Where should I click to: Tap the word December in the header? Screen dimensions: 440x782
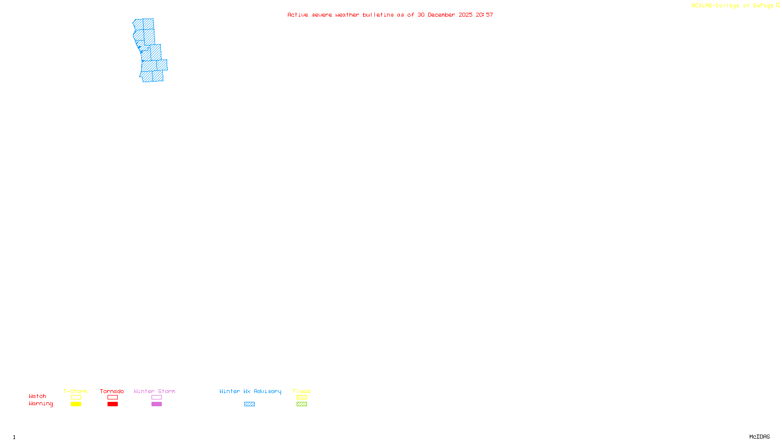click(x=441, y=15)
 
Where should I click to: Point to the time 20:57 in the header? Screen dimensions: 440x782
click(x=484, y=15)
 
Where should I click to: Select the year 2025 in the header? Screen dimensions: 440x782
click(x=465, y=15)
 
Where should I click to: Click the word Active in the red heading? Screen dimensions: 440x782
click(x=298, y=15)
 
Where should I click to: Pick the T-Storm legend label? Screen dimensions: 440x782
click(x=75, y=391)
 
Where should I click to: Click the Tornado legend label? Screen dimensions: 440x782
click(x=112, y=391)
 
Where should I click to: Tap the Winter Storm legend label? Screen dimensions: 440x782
click(x=154, y=391)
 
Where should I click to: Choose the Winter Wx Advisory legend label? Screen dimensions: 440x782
click(x=250, y=391)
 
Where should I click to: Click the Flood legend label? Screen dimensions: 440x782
click(x=302, y=391)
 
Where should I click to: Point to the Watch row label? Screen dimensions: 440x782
click(x=38, y=396)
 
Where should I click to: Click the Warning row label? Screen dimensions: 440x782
click(x=41, y=404)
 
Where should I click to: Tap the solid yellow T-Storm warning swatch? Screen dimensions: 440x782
click(x=76, y=404)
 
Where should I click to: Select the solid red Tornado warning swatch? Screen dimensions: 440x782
click(x=112, y=404)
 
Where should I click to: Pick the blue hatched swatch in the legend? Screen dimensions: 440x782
click(x=249, y=404)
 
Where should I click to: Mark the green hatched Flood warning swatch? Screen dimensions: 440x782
click(x=302, y=404)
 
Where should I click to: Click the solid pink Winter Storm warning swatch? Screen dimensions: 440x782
click(x=156, y=404)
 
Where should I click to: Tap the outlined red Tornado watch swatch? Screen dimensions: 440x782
click(x=112, y=397)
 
